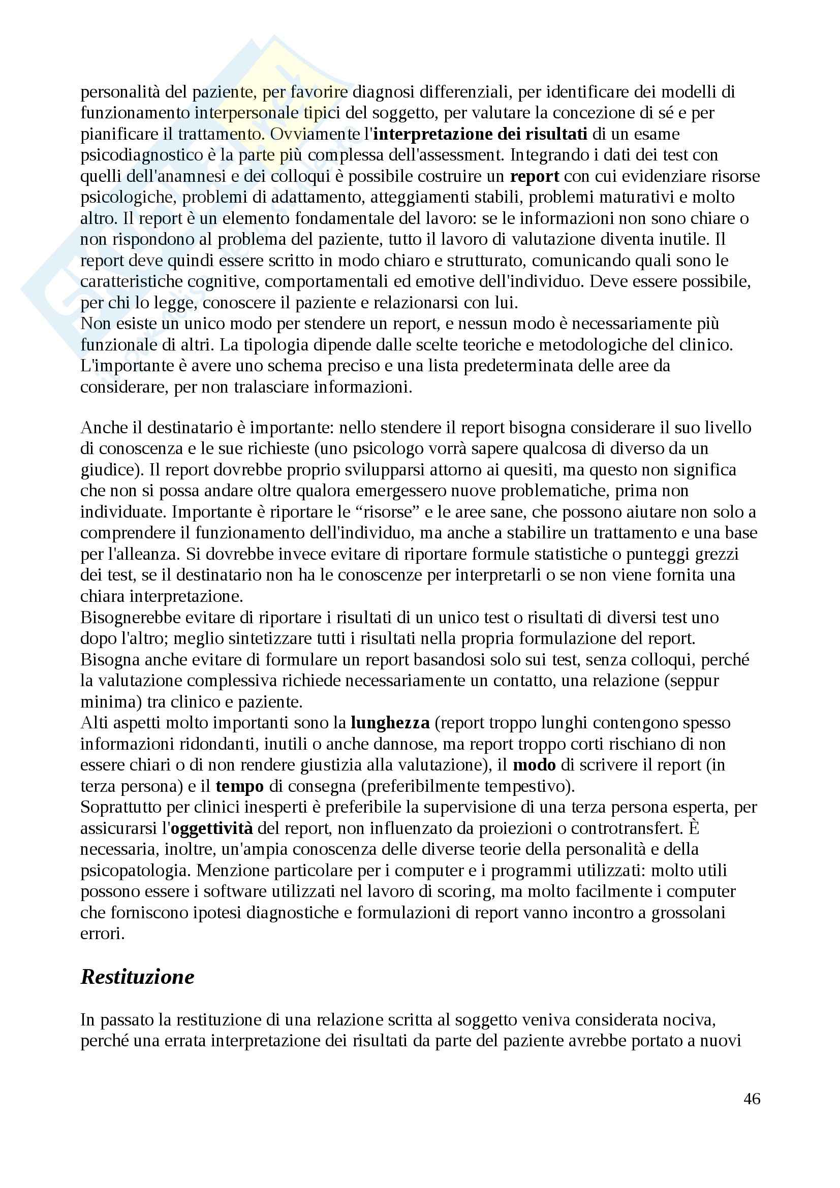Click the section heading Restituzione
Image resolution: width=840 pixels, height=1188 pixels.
click(137, 976)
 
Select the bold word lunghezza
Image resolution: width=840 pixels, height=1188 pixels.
click(390, 722)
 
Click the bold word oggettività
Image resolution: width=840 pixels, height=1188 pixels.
click(212, 828)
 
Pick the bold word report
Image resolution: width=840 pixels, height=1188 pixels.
click(535, 176)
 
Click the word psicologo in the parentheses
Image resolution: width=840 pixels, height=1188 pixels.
click(379, 448)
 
